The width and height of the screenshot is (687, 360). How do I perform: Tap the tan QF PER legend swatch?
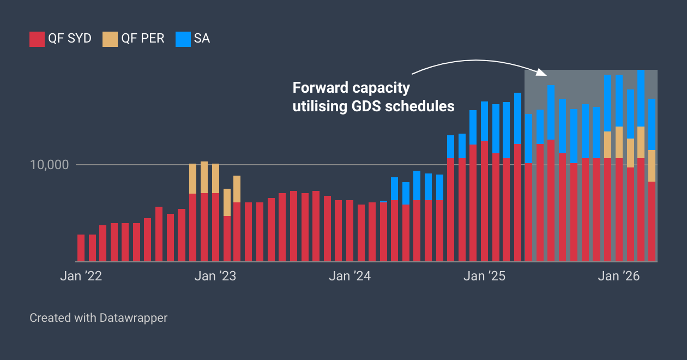tap(110, 39)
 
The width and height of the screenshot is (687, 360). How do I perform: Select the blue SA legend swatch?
tap(183, 39)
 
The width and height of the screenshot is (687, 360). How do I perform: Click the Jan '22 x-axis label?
tap(81, 277)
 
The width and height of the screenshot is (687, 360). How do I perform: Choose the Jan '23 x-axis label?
tap(215, 277)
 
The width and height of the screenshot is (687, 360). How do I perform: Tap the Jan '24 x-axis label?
tap(349, 277)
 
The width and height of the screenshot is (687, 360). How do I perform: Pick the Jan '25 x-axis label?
tap(484, 277)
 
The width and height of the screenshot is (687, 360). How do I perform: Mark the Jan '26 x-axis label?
tap(619, 277)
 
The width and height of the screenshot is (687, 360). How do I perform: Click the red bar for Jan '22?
tap(81, 248)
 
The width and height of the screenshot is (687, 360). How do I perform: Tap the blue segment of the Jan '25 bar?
tap(484, 121)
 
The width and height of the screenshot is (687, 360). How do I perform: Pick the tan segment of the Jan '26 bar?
tap(619, 142)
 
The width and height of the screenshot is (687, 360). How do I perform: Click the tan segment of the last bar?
tap(652, 166)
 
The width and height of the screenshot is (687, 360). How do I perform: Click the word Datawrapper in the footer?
tap(134, 317)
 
